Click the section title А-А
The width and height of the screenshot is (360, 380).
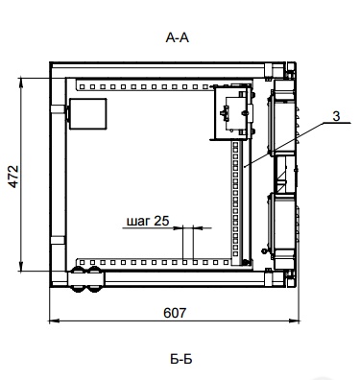point(178,38)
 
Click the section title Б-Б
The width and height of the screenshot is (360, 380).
point(181,359)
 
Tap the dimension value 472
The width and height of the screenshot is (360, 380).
point(13,177)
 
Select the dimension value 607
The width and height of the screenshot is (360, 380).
point(175,313)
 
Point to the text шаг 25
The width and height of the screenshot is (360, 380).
point(148,221)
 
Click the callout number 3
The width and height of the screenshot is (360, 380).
point(336,116)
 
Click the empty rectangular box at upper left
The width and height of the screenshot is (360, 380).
point(88,114)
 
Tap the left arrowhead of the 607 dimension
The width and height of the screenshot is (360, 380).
point(54,320)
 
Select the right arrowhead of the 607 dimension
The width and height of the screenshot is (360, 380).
point(294,320)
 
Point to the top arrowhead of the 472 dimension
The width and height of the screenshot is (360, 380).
point(21,82)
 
